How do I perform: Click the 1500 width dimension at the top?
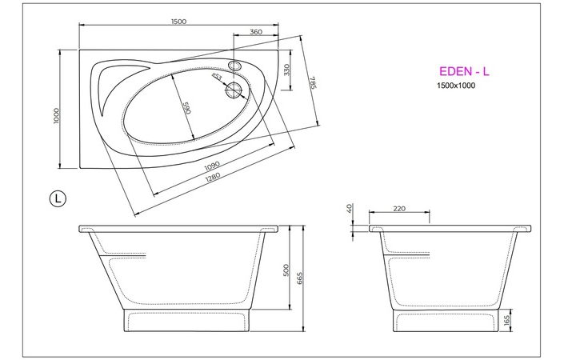tap(178, 22)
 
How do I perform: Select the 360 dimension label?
tap(256, 32)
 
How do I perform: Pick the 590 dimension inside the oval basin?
tap(186, 108)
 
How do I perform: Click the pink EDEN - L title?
tap(465, 71)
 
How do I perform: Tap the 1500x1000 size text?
tap(456, 86)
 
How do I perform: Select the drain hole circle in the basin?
tap(235, 89)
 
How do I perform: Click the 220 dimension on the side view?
tap(399, 209)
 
